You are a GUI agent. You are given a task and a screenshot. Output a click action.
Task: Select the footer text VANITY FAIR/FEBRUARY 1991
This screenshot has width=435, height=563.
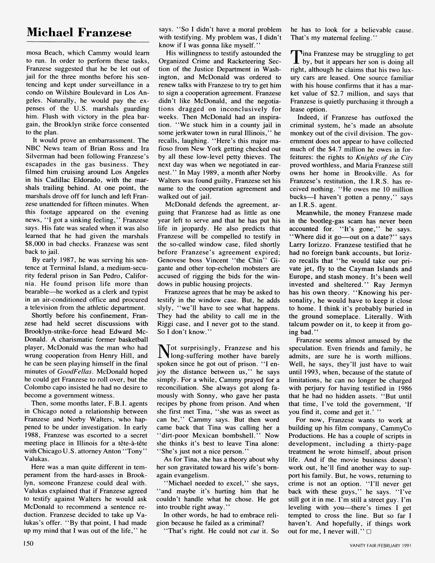click(380, 545)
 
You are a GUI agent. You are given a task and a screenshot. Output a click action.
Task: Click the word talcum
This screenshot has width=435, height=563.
click(300, 324)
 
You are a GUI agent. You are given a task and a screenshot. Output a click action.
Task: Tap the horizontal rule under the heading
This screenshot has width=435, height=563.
click(88, 42)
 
